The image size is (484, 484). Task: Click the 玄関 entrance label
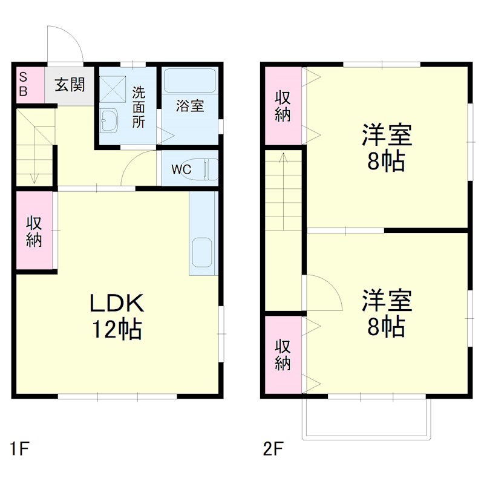(x=70, y=85)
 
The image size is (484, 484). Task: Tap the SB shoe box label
(x=24, y=84)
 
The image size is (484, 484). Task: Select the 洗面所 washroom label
(x=139, y=107)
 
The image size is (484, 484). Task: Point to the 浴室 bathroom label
(x=189, y=106)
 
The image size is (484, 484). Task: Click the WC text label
(x=181, y=169)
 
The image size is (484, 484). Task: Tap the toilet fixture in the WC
(x=209, y=169)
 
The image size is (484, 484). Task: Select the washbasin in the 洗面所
(x=110, y=120)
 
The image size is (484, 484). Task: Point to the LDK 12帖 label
(x=116, y=315)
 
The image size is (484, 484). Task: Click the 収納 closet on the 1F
(x=34, y=231)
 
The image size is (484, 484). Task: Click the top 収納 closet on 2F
(x=283, y=106)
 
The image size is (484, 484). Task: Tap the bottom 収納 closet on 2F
(x=283, y=355)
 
